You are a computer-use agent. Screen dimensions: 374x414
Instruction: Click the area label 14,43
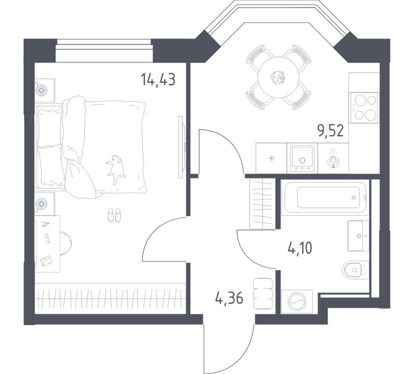coord(158,79)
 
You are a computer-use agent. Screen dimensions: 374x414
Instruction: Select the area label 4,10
coord(300,247)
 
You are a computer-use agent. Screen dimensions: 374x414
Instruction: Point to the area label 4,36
coord(229,299)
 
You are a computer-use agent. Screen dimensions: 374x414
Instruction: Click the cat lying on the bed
coord(115,169)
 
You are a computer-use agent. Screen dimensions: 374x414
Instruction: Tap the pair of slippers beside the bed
coord(114,215)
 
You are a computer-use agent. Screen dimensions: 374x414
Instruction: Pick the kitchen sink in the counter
coord(302,159)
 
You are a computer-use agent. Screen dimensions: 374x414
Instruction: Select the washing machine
coord(297,302)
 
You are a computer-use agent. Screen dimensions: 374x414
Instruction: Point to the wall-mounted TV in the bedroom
coord(182,147)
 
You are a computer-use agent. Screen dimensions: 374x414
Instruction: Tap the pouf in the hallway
coord(263,293)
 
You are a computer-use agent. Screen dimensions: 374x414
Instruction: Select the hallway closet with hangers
coord(262,204)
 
